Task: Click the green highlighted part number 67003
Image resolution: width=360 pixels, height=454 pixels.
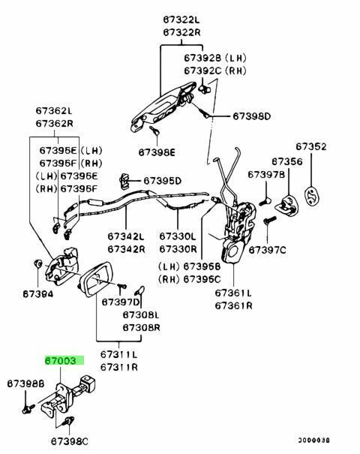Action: [61, 361]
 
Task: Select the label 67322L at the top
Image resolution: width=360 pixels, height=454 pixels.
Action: [181, 20]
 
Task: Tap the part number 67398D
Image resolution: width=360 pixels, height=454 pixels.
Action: [252, 116]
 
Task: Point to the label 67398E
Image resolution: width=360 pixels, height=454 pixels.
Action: [157, 152]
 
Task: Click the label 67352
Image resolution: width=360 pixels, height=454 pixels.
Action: [311, 146]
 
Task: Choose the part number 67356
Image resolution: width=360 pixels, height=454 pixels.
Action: [286, 161]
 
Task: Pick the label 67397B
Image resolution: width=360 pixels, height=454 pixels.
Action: [266, 174]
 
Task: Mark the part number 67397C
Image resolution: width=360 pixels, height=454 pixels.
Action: [268, 250]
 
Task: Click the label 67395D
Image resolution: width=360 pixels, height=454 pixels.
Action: [163, 181]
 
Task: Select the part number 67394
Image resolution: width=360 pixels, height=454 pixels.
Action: [38, 294]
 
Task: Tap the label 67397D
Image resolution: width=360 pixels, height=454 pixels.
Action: [121, 302]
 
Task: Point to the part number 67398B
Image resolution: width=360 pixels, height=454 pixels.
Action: [25, 383]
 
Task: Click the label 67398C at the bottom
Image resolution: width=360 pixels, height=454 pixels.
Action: [70, 441]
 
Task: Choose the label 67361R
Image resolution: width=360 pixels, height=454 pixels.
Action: [233, 305]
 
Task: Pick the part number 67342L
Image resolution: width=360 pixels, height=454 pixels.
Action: [126, 236]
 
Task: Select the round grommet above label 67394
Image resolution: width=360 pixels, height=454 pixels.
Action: [37, 264]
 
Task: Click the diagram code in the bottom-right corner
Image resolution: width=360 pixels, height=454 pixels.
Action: [314, 440]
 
